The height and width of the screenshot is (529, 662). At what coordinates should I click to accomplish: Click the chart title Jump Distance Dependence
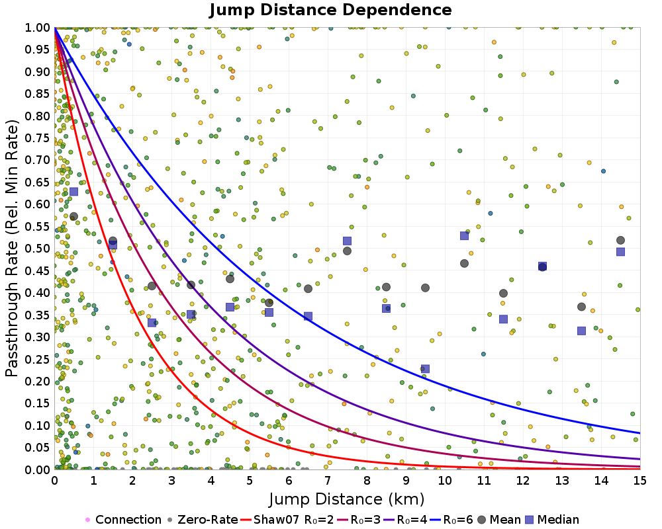[x=330, y=10]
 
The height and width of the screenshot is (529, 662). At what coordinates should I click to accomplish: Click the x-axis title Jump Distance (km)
[x=347, y=498]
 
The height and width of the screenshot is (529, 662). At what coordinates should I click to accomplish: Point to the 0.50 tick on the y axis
[x=38, y=249]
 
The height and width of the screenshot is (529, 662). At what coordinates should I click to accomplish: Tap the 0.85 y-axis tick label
[x=38, y=94]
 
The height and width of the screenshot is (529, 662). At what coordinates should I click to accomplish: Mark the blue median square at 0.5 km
[x=73, y=192]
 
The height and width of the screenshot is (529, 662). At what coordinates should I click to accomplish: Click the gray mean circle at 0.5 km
[x=73, y=216]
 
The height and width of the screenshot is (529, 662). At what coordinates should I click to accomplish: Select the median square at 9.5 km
[x=425, y=369]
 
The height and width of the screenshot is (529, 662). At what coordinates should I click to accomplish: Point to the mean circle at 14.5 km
[x=620, y=240]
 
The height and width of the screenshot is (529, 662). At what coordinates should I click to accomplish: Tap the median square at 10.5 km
[x=464, y=236]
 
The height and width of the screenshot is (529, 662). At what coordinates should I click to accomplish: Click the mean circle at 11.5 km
[x=503, y=293]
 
